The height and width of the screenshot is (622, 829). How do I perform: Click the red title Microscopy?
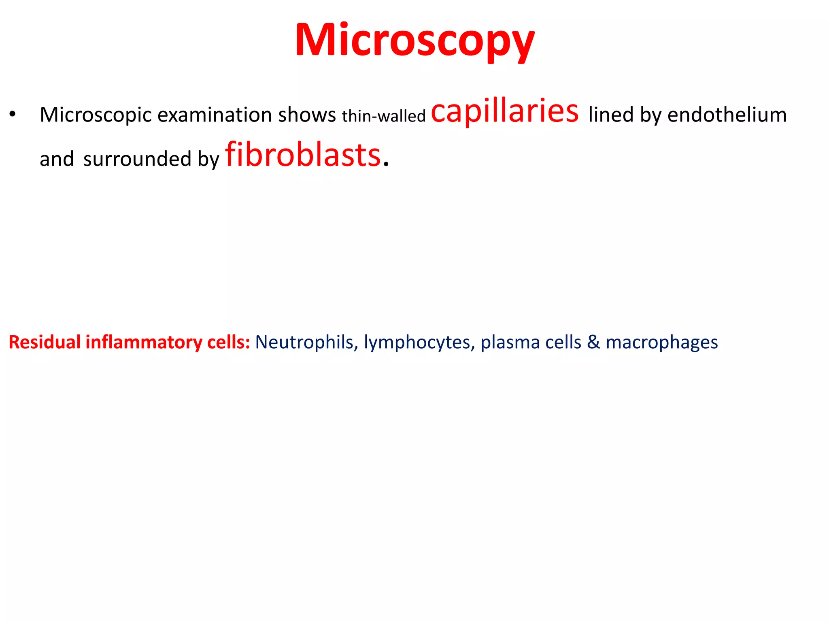pyautogui.click(x=415, y=40)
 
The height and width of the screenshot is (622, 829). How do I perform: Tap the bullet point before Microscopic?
pyautogui.click(x=13, y=115)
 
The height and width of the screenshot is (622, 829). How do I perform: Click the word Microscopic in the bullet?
pyautogui.click(x=96, y=115)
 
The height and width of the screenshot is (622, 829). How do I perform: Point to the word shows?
pyautogui.click(x=307, y=115)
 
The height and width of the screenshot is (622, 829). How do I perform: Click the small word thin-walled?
pyautogui.click(x=384, y=116)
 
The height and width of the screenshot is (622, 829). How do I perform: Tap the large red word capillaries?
pyautogui.click(x=505, y=111)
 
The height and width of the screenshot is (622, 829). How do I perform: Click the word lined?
pyautogui.click(x=611, y=115)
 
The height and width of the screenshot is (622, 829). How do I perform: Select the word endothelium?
pyautogui.click(x=727, y=115)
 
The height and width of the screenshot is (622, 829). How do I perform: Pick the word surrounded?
pyautogui.click(x=137, y=159)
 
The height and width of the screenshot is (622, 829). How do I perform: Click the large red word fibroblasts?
pyautogui.click(x=303, y=155)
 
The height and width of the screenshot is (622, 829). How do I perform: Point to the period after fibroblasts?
pyautogui.click(x=386, y=164)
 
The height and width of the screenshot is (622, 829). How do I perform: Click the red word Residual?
pyautogui.click(x=45, y=342)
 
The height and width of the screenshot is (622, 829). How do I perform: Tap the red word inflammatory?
pyautogui.click(x=144, y=343)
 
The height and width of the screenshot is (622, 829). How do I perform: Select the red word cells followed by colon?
pyautogui.click(x=229, y=342)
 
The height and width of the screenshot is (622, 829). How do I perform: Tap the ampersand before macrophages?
pyautogui.click(x=593, y=342)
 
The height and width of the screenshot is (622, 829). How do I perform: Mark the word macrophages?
pyautogui.click(x=662, y=343)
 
